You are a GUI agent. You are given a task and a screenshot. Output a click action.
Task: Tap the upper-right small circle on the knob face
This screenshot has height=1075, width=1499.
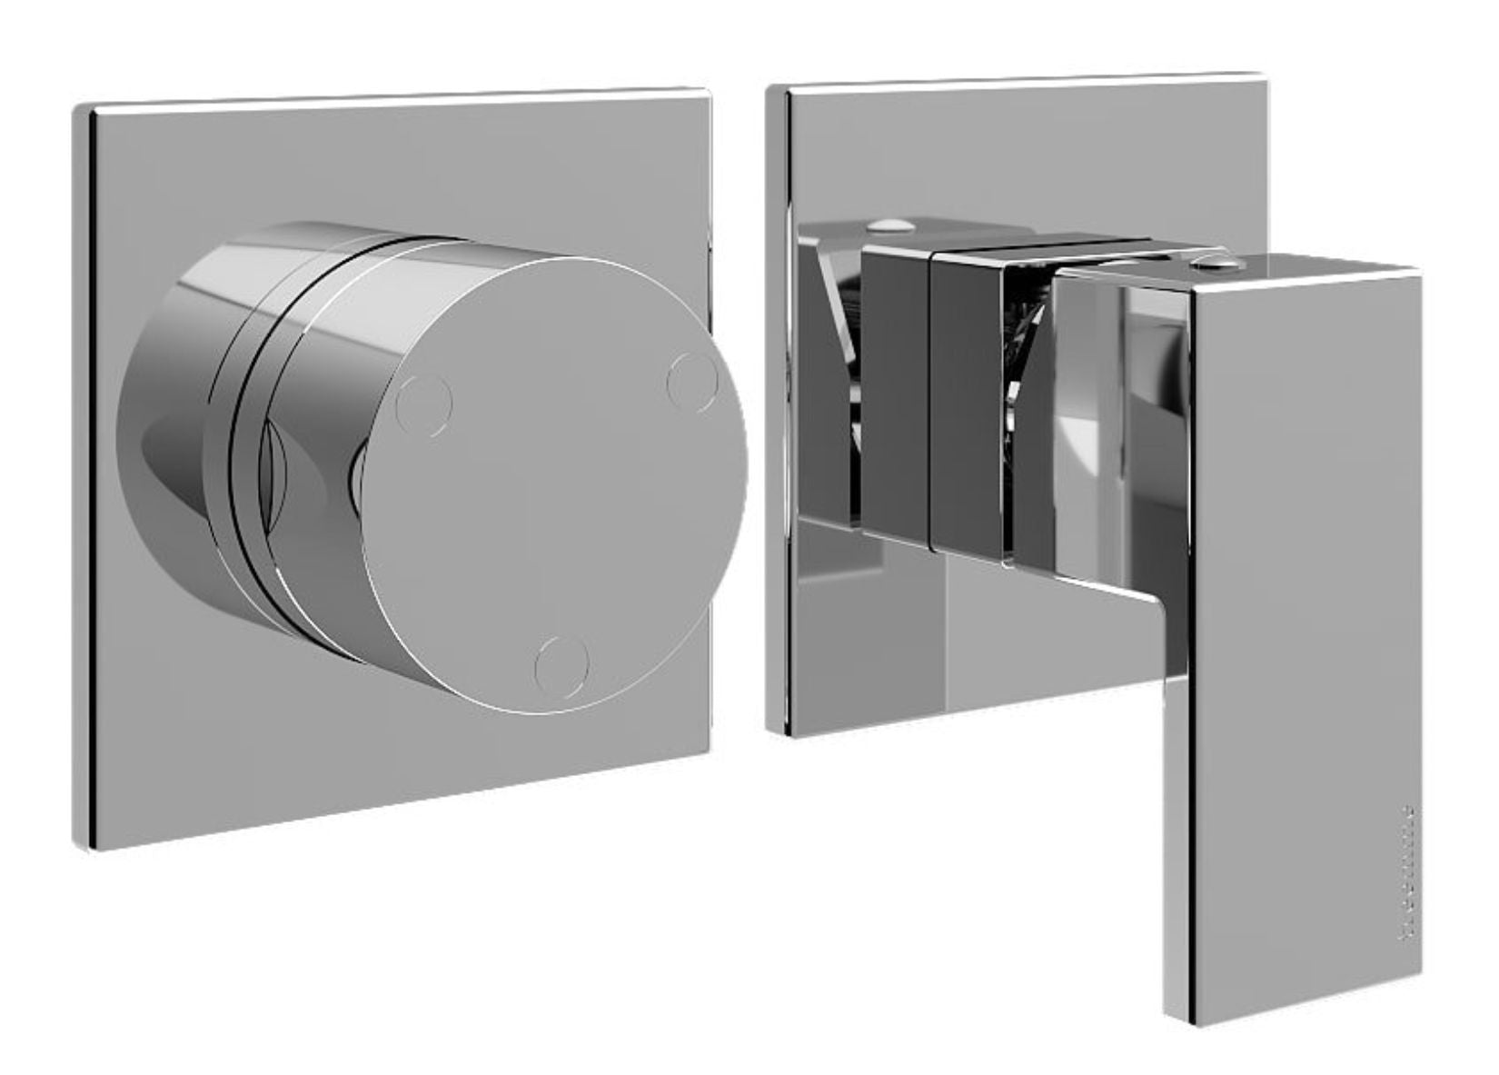tap(693, 380)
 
